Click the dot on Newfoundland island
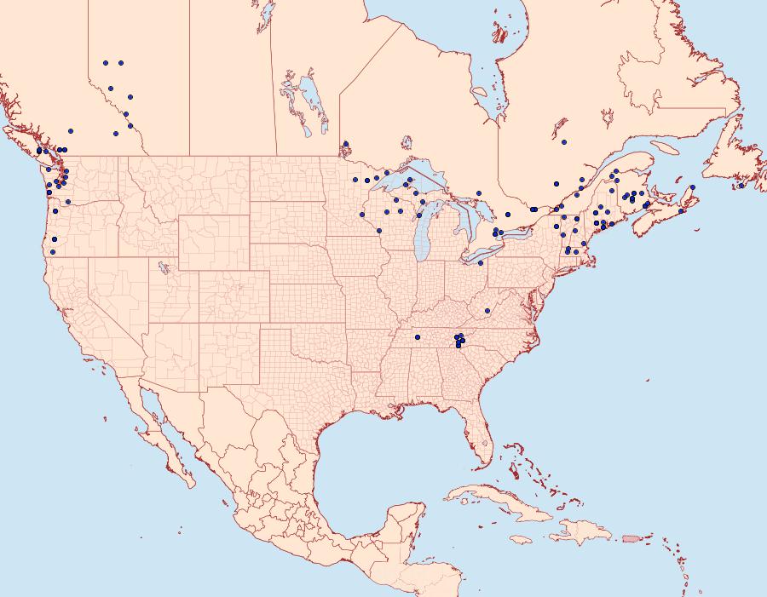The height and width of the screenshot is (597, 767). pos(741,186)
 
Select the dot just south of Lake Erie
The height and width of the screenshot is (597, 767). pos(481,262)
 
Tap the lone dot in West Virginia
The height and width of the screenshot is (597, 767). pos(487,310)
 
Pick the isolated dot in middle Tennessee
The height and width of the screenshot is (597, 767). pos(418,337)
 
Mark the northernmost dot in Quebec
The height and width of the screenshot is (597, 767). pos(564,141)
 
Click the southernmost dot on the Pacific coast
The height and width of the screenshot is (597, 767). pos(53,251)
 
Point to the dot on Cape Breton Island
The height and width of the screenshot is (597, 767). pos(692,187)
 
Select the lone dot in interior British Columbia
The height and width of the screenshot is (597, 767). pos(70,131)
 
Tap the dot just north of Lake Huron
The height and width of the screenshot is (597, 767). pos(479,193)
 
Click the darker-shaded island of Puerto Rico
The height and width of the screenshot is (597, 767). pos(631,537)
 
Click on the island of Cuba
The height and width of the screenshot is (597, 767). pos(494,498)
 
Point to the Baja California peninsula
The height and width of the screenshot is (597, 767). pos(167,443)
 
